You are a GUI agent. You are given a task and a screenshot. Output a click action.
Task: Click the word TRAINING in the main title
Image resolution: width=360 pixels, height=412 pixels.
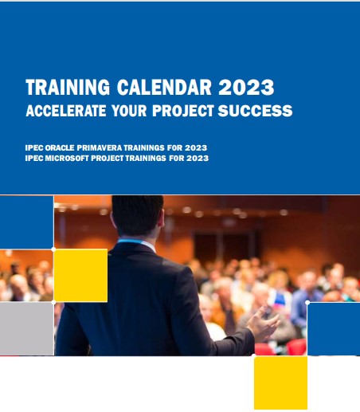tap(68, 87)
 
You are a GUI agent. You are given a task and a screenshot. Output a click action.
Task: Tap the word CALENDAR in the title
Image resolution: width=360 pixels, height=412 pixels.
tap(164, 87)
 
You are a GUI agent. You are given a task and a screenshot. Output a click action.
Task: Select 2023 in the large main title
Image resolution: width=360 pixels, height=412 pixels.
tap(246, 87)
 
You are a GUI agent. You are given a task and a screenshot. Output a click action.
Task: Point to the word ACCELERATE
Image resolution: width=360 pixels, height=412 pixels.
tap(66, 111)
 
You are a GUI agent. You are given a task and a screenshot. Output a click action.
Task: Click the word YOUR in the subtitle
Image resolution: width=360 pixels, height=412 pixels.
tap(129, 111)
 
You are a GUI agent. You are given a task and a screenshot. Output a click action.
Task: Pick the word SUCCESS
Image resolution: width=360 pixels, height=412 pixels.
tap(255, 111)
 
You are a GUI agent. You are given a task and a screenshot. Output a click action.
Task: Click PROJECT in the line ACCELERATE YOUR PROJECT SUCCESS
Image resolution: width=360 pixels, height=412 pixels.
tap(183, 111)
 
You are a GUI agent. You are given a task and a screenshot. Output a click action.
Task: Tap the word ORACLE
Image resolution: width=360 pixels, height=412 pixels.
tap(60, 147)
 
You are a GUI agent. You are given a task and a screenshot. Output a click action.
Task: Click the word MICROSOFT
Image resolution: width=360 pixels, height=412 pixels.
tap(67, 158)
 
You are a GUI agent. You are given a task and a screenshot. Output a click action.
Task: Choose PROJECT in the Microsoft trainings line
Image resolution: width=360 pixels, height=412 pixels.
tap(108, 158)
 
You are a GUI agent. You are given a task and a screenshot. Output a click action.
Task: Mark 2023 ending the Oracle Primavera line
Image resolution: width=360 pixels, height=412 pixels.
tap(196, 147)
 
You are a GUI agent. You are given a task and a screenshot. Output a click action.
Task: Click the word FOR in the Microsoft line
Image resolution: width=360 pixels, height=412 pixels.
tap(177, 158)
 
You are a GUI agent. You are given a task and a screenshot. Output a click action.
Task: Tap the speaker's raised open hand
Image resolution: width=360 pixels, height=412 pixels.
tap(264, 323)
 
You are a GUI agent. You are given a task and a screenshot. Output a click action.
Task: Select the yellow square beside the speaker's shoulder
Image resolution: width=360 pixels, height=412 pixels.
tap(81, 275)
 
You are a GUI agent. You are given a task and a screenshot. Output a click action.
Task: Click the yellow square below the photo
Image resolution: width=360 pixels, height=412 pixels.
tap(280, 383)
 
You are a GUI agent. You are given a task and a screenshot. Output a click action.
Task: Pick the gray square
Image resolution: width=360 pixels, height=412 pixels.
tap(26, 328)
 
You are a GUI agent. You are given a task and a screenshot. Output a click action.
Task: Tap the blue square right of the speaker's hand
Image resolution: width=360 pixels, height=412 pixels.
tap(334, 328)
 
